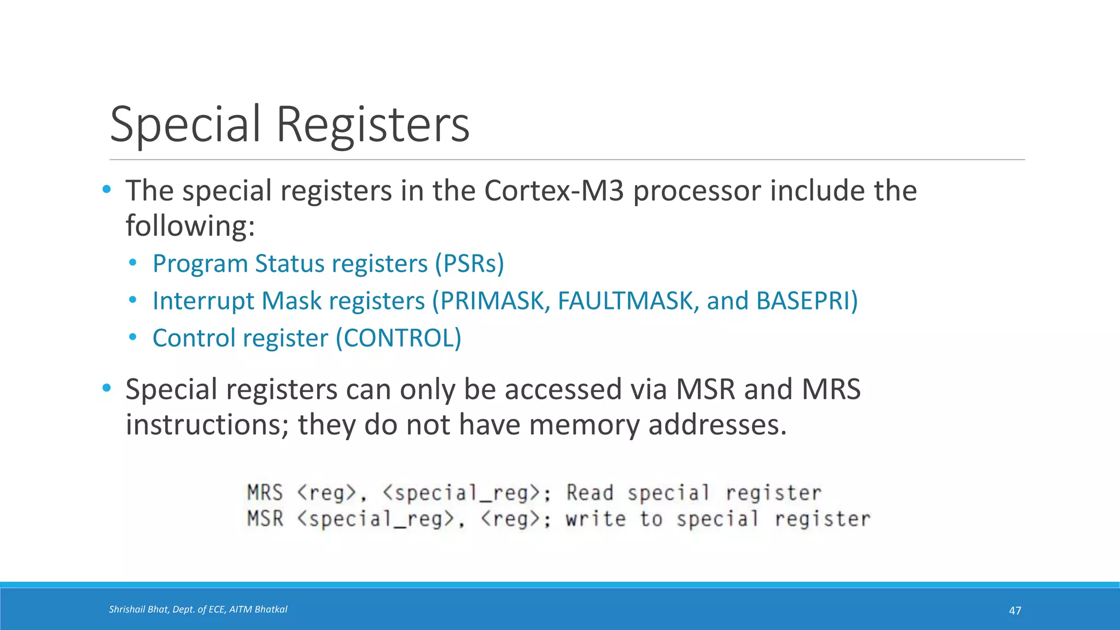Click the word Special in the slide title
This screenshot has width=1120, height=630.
pyautogui.click(x=185, y=125)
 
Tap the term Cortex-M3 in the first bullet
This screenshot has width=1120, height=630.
pyautogui.click(x=553, y=191)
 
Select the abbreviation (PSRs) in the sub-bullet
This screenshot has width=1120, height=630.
pyautogui.click(x=469, y=264)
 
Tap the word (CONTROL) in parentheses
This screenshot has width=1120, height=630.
pyautogui.click(x=398, y=338)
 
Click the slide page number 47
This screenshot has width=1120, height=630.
pyautogui.click(x=1014, y=610)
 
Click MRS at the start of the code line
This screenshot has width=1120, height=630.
pyautogui.click(x=265, y=493)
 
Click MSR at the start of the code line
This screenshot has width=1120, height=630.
pyautogui.click(x=265, y=518)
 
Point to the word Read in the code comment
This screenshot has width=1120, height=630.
pyautogui.click(x=590, y=493)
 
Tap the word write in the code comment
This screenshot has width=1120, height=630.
pyautogui.click(x=596, y=518)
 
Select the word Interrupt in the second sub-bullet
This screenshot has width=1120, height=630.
pyautogui.click(x=203, y=301)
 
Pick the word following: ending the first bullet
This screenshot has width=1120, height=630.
pyautogui.click(x=190, y=226)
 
